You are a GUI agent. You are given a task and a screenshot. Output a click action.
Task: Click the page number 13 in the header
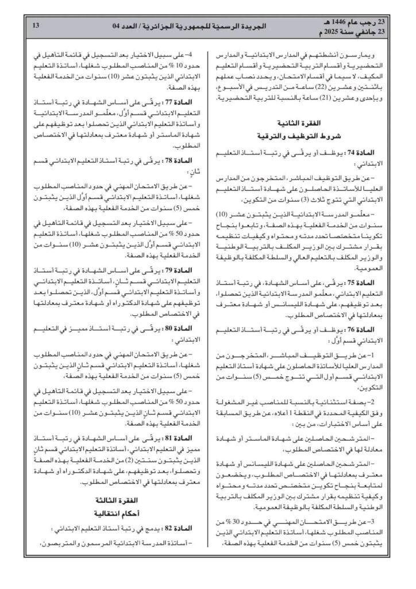coord(36,25)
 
